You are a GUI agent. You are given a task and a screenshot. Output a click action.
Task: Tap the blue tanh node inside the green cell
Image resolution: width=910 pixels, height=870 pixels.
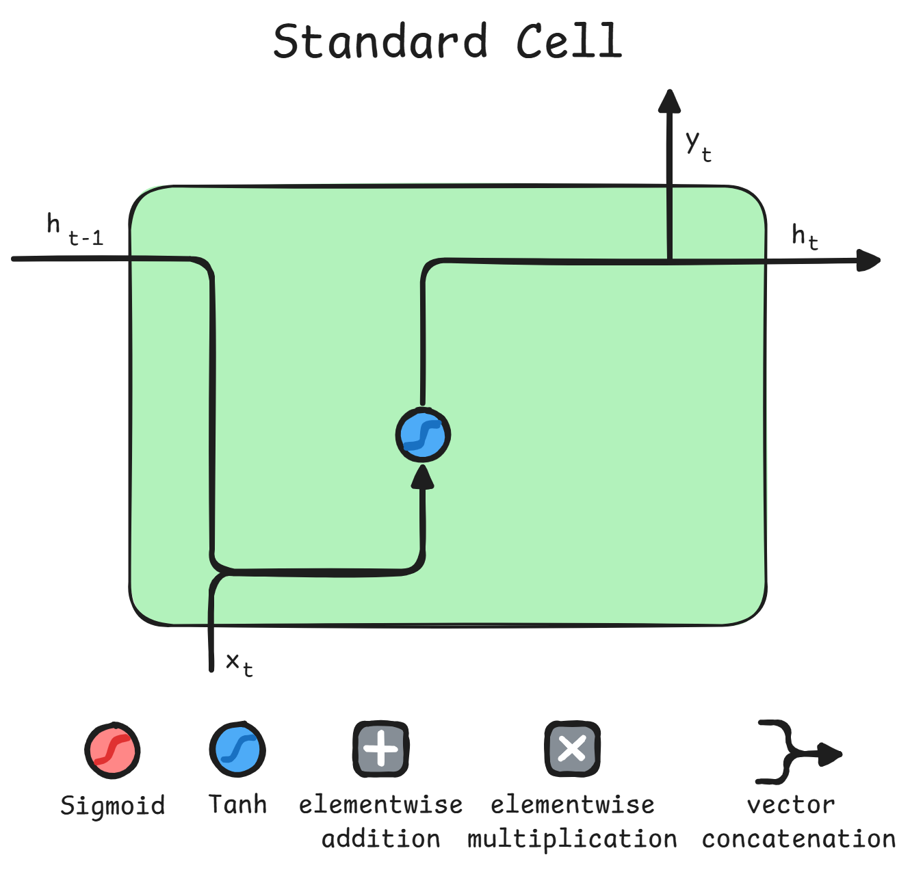423,435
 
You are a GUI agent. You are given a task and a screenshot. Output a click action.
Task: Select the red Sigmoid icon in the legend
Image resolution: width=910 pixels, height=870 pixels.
113,750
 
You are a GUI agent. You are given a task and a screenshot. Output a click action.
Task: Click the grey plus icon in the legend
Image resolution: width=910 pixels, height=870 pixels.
380,749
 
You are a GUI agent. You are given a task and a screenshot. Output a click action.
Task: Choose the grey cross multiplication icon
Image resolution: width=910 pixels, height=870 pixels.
572,749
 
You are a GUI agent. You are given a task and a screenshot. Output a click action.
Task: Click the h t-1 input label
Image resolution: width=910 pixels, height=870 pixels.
74,230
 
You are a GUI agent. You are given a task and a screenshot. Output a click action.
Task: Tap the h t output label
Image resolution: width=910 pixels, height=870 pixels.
805,237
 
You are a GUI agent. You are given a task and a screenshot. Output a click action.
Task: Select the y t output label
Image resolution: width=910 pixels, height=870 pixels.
699,146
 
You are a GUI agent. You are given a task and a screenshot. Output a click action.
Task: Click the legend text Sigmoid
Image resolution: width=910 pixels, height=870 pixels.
113,805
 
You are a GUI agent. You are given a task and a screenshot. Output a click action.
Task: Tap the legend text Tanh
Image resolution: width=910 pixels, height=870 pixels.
237,804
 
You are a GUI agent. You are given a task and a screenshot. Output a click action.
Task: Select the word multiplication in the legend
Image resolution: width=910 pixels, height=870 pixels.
572,839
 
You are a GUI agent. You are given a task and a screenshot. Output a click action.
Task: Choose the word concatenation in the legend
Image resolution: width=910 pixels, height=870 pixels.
798,839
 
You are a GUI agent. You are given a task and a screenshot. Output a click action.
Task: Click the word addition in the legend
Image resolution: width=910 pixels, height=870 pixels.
381,839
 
